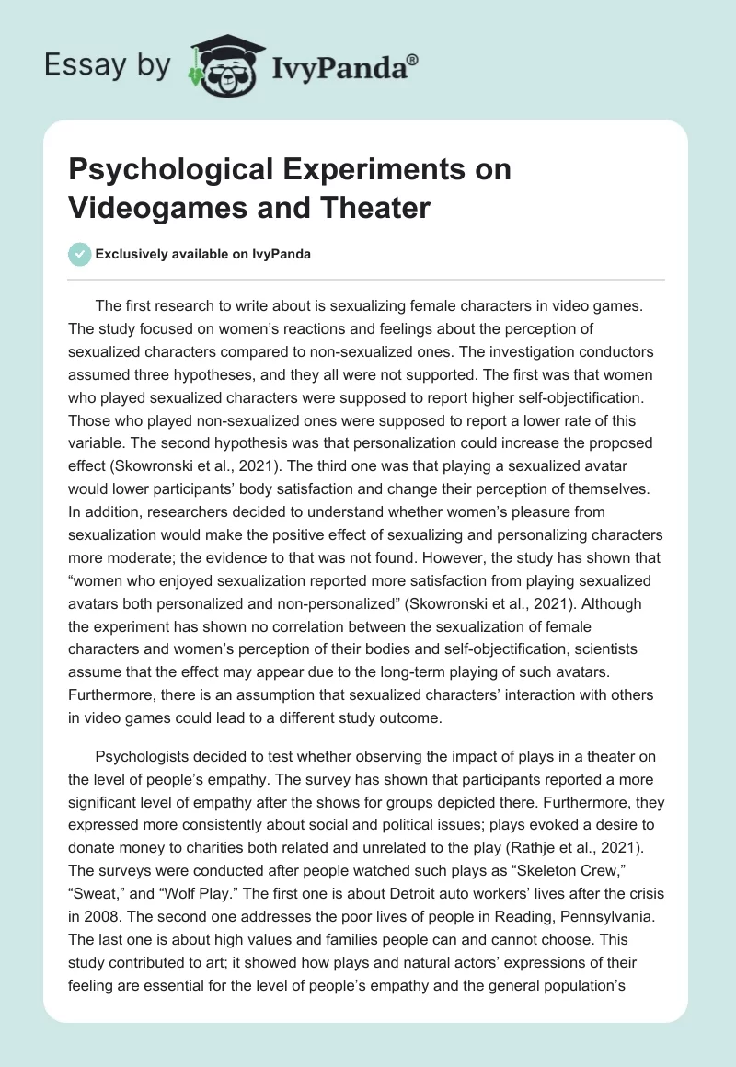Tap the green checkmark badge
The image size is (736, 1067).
coord(81,254)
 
